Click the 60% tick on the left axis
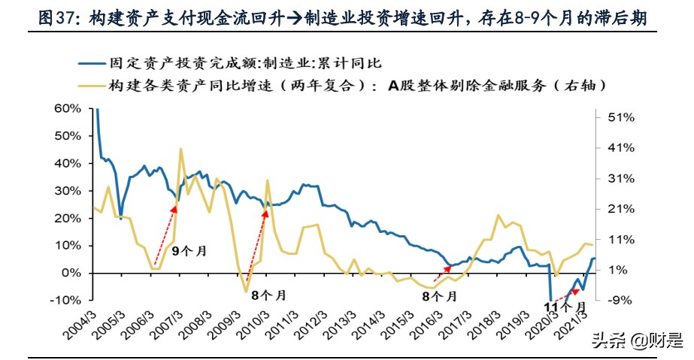click(x=68, y=108)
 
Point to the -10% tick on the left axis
click(x=67, y=300)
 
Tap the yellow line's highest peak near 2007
click(x=180, y=149)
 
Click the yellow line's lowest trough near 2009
click(x=245, y=292)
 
